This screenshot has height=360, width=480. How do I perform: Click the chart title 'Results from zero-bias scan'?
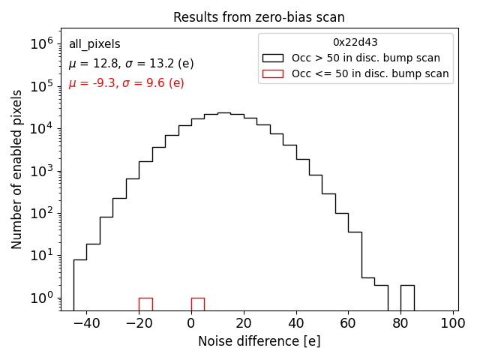click(x=259, y=17)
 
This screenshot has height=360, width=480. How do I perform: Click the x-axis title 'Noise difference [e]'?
click(x=259, y=341)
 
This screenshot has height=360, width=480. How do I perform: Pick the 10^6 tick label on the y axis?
click(x=43, y=44)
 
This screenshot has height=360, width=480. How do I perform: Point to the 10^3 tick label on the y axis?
click(x=43, y=171)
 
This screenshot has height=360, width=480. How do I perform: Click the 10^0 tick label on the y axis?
click(x=43, y=298)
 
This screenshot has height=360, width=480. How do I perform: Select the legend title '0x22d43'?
click(x=355, y=43)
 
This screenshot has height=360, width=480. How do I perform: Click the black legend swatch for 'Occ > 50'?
click(x=273, y=58)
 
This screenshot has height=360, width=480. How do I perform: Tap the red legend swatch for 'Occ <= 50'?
click(x=273, y=73)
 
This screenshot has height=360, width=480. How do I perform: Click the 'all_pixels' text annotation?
click(x=94, y=44)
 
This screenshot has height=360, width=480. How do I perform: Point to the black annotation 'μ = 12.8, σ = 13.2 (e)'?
click(x=130, y=64)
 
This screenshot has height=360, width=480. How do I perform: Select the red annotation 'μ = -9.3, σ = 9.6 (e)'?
click(x=126, y=83)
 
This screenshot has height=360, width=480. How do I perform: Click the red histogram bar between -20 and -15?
click(x=145, y=304)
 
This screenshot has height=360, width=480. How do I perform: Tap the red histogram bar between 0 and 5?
click(x=198, y=304)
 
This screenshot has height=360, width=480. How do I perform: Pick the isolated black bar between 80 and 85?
click(x=407, y=297)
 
